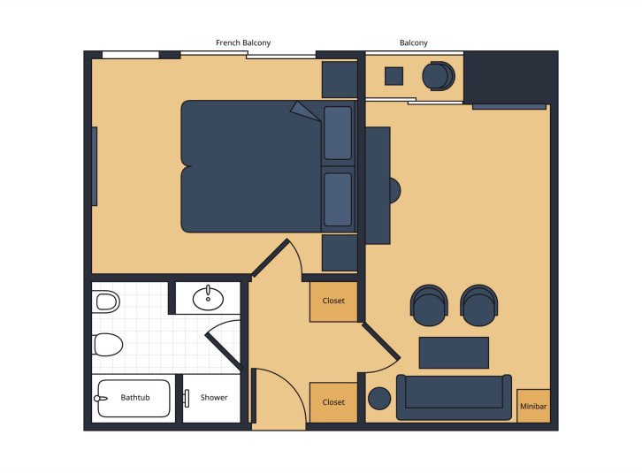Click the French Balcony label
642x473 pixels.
(x=243, y=42)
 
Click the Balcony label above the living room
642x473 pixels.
(x=414, y=42)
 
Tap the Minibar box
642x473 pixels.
(x=533, y=406)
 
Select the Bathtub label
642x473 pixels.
(x=135, y=398)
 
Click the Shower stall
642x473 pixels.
(x=213, y=398)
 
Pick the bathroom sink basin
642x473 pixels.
(x=208, y=298)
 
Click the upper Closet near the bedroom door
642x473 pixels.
(x=333, y=301)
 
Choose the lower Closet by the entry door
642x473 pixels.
(x=333, y=403)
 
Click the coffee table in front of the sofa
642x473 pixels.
(x=454, y=352)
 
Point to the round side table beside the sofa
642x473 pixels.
(x=380, y=399)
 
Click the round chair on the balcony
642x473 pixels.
(x=437, y=76)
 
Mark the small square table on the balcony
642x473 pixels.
(x=394, y=76)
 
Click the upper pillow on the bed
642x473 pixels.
(x=338, y=133)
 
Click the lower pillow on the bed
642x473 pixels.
(x=338, y=199)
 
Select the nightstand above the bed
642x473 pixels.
(x=339, y=80)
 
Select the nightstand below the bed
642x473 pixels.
(x=339, y=253)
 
